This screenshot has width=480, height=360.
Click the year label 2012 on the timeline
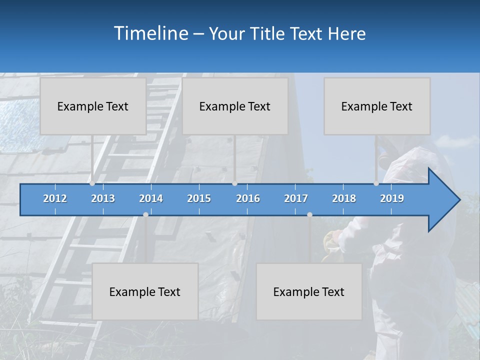click(x=55, y=198)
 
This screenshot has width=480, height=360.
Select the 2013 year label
click(x=103, y=198)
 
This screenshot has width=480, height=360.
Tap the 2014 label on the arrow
click(x=151, y=198)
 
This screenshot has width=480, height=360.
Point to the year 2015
click(x=199, y=198)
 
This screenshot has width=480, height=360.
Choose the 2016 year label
click(x=248, y=198)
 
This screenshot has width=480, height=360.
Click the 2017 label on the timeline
click(x=296, y=198)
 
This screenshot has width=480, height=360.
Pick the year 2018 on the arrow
click(x=344, y=198)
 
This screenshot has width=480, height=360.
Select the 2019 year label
click(x=392, y=198)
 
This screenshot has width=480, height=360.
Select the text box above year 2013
click(x=93, y=106)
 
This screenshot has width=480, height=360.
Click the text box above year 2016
click(x=235, y=106)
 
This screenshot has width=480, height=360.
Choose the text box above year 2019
click(x=377, y=106)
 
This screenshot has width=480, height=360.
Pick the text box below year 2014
click(x=145, y=291)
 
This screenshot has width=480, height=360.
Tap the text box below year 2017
click(x=309, y=291)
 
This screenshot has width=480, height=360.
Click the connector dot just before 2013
click(x=92, y=183)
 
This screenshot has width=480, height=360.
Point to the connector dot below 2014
click(x=145, y=214)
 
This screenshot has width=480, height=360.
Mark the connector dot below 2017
click(x=309, y=214)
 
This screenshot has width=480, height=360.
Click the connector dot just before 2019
click(x=376, y=183)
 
